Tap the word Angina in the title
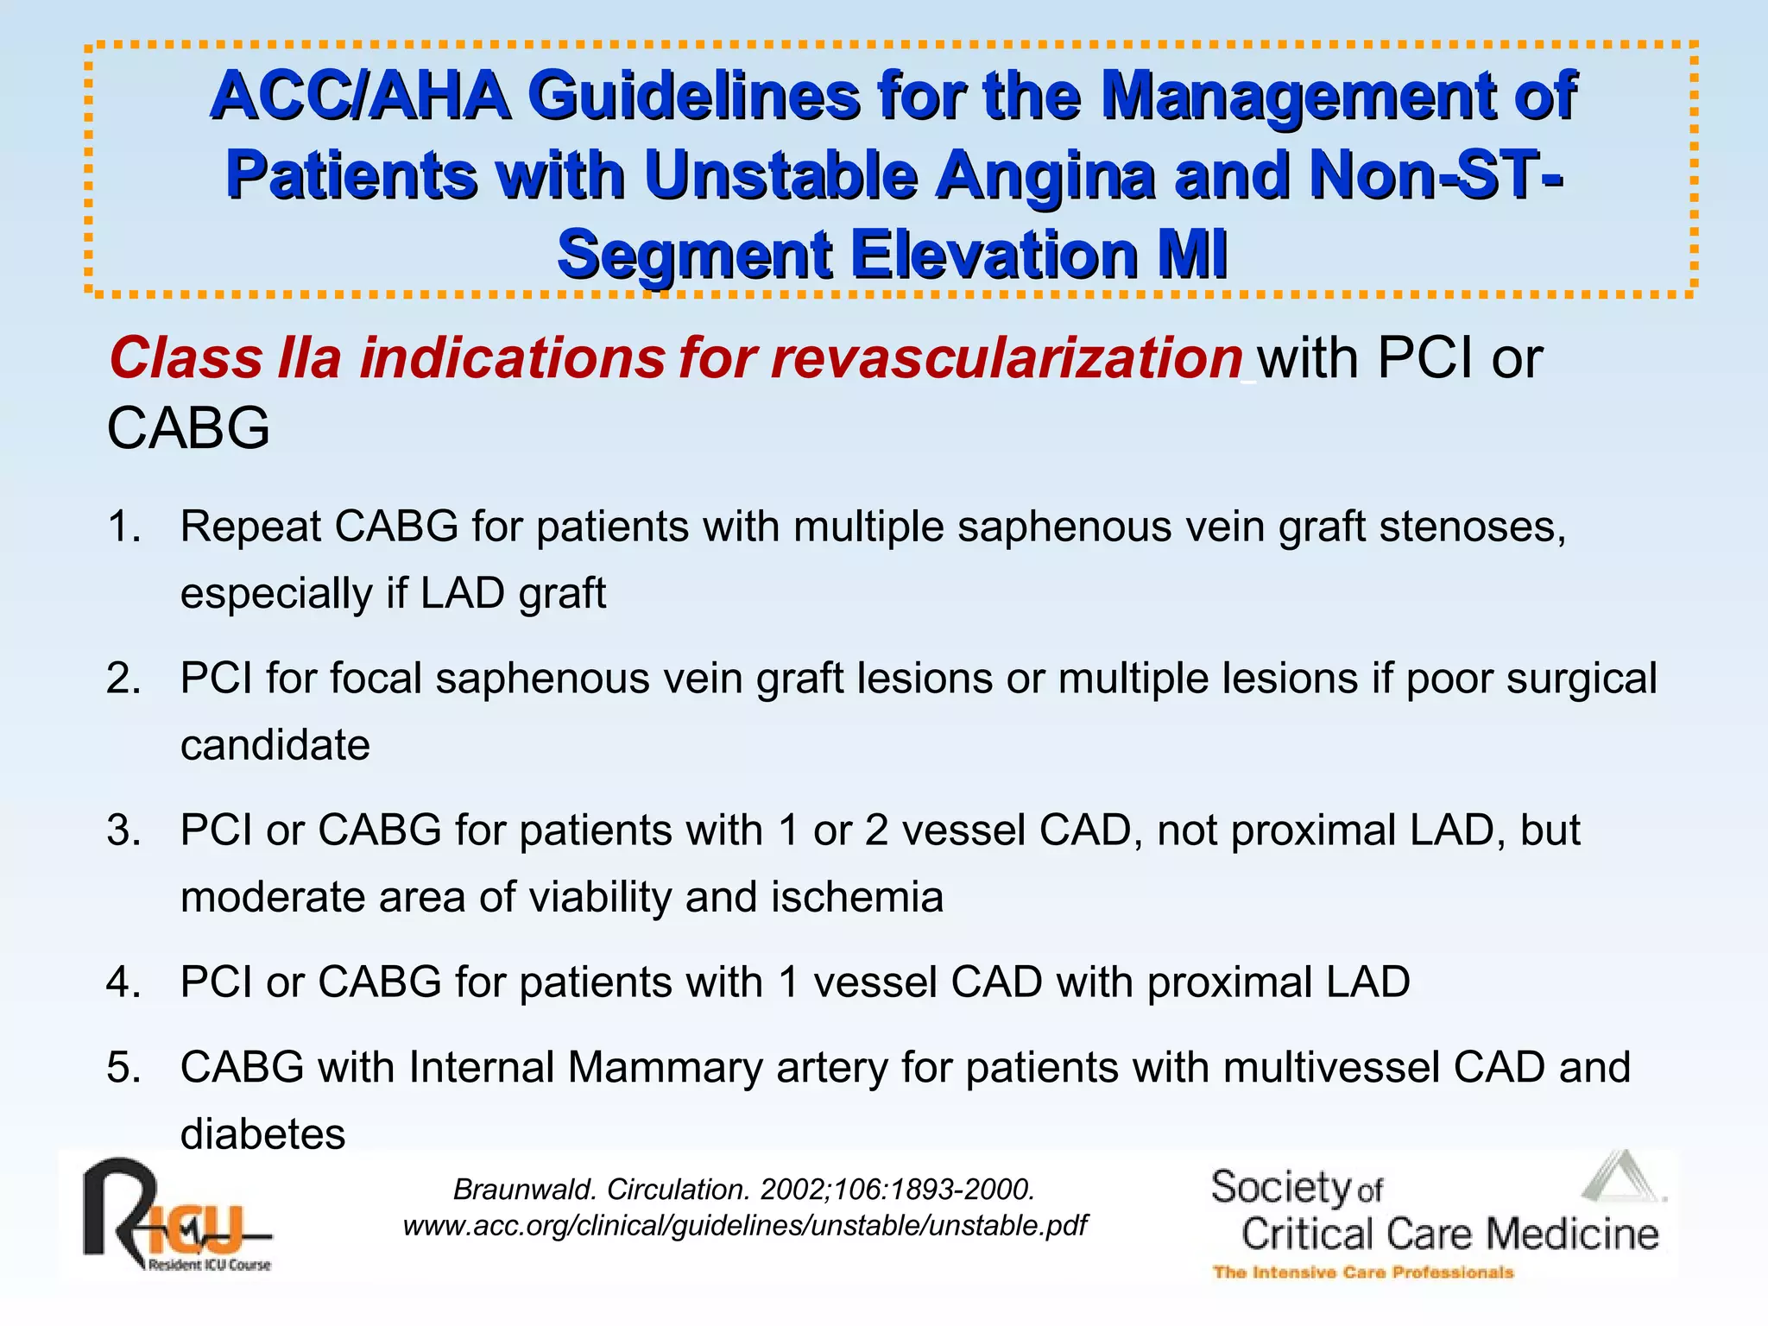pos(1045,175)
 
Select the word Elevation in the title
pos(994,255)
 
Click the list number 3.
pos(123,830)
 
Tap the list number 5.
pos(123,1067)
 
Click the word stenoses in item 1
pos(1472,526)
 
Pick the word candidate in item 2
pos(275,745)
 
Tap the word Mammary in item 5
pos(665,1067)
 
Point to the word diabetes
pos(262,1133)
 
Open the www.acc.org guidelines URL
pos(745,1226)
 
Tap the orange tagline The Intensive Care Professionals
pos(1363,1272)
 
